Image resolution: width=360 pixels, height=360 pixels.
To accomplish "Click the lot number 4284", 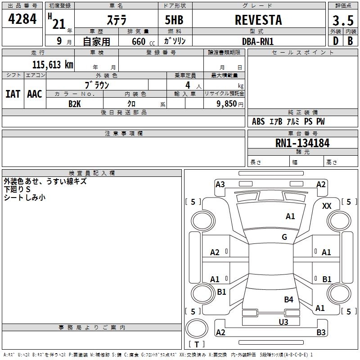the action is (22, 19).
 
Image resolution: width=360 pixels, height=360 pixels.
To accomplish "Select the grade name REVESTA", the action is (258, 20).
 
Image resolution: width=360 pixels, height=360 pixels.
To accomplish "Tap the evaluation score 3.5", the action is (343, 21).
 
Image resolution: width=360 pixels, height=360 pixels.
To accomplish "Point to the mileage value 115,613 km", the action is (53, 64).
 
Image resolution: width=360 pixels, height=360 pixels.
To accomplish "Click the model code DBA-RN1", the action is (258, 41).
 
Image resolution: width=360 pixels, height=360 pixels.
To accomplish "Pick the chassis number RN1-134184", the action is (302, 143).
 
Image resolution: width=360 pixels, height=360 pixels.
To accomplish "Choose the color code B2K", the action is (75, 104).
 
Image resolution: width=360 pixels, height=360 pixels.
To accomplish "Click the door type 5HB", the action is (174, 20).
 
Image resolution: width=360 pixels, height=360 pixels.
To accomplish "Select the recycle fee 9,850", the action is (227, 103).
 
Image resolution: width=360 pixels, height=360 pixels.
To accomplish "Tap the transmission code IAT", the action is (13, 94).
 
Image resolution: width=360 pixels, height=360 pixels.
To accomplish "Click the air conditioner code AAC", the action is (35, 94).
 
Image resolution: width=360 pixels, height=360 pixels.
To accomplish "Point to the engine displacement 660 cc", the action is (143, 41).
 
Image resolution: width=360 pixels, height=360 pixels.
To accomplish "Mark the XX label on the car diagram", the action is (327, 206).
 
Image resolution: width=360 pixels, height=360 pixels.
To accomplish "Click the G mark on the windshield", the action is (284, 237).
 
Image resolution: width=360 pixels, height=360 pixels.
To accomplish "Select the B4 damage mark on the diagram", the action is (288, 299).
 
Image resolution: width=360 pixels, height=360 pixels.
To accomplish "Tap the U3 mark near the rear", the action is (283, 322).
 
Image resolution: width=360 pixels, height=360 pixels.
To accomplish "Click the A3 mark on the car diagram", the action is (220, 184).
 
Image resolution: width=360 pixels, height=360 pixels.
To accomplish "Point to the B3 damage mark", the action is (321, 332).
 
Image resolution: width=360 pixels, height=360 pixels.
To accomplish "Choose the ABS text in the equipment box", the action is (258, 121).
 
